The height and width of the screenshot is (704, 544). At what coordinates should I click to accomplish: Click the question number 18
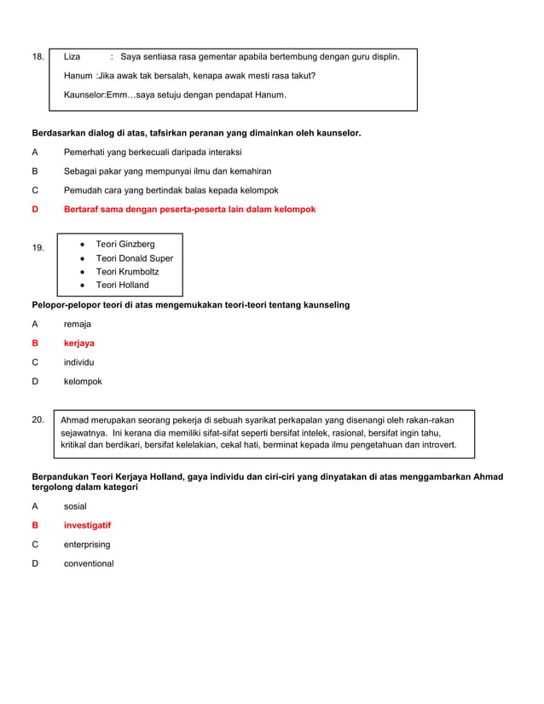38,57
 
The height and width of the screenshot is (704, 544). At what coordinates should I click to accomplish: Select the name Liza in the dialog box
72,57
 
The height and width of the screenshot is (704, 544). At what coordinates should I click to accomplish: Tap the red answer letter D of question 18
35,210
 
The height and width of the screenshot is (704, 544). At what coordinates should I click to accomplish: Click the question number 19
38,248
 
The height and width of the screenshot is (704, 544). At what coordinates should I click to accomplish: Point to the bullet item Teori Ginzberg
125,245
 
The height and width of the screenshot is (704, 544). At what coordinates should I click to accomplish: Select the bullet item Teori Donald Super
134,258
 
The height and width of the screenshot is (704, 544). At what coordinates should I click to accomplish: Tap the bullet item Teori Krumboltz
127,272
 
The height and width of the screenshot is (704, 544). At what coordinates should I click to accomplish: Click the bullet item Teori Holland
122,286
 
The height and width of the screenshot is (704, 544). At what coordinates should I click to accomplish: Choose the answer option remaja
78,325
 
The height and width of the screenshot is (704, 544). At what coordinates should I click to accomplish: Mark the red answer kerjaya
79,343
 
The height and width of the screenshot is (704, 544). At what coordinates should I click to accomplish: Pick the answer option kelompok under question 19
83,382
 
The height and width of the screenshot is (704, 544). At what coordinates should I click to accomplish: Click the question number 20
38,419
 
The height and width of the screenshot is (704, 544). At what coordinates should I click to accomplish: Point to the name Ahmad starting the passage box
75,420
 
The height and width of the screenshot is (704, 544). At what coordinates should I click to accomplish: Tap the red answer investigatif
87,526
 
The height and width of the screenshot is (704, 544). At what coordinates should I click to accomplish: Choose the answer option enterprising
87,545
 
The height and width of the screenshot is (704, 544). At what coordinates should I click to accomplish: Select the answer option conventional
89,563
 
